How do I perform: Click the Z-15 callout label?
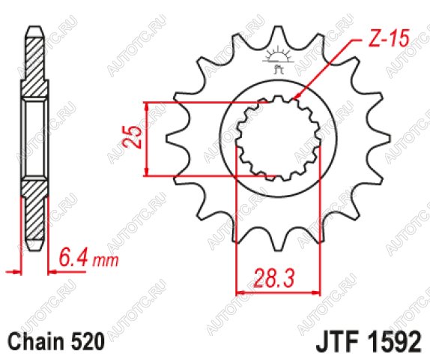(388, 37)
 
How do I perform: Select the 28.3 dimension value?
(275, 278)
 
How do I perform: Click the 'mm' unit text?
(106, 261)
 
